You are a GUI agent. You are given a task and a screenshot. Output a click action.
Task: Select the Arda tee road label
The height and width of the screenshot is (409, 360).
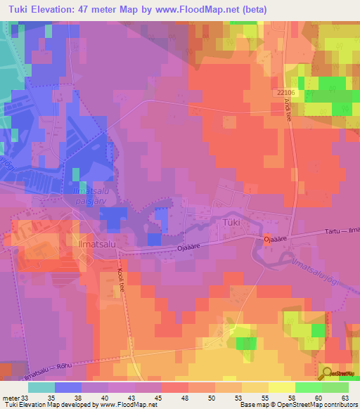click(288, 110)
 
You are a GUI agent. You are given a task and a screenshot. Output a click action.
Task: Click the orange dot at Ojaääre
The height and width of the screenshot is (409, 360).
click(268, 237)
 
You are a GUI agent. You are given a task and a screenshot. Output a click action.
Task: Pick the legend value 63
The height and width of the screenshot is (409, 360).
click(344, 396)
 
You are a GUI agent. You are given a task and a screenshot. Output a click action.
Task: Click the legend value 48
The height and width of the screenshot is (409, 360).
click(184, 396)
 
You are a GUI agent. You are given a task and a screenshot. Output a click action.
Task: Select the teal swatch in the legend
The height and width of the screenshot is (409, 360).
click(41, 387)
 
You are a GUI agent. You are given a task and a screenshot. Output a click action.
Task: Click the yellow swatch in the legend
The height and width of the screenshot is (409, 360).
click(281, 387)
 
